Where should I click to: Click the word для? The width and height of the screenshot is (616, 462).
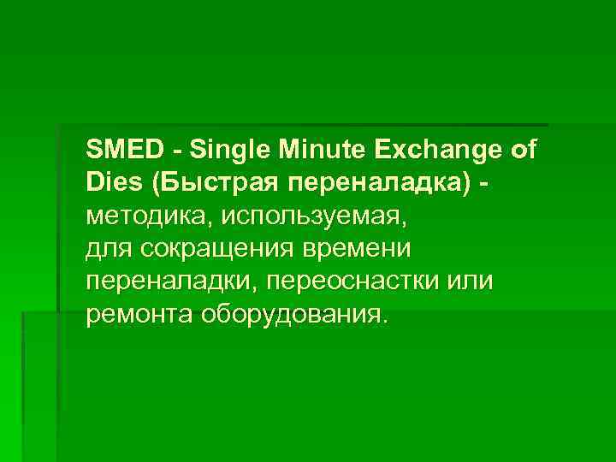pyautogui.click(x=105, y=249)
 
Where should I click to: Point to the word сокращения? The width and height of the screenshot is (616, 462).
pyautogui.click(x=210, y=249)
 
